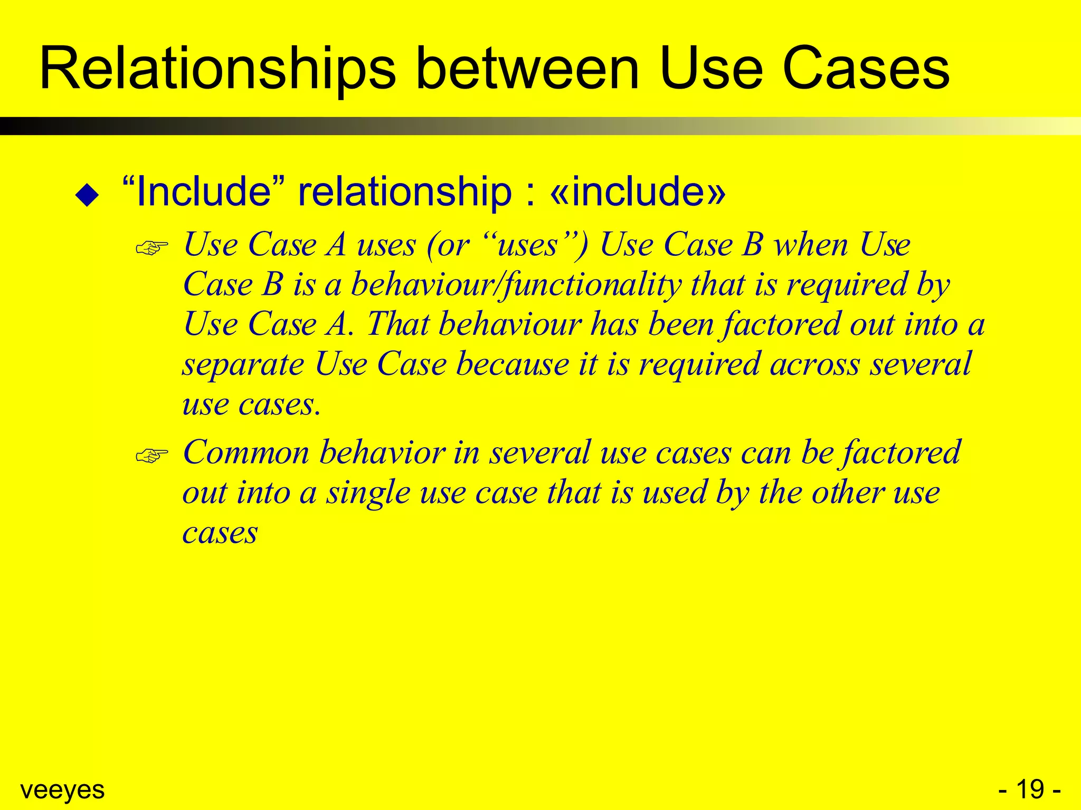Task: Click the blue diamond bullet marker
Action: [87, 195]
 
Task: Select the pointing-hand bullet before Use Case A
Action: [151, 247]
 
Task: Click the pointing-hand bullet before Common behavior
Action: [151, 455]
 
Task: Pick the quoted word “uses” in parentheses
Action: [528, 245]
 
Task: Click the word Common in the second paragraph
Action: [246, 453]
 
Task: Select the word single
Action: [367, 493]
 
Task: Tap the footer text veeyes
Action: [62, 789]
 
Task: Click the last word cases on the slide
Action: [220, 533]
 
